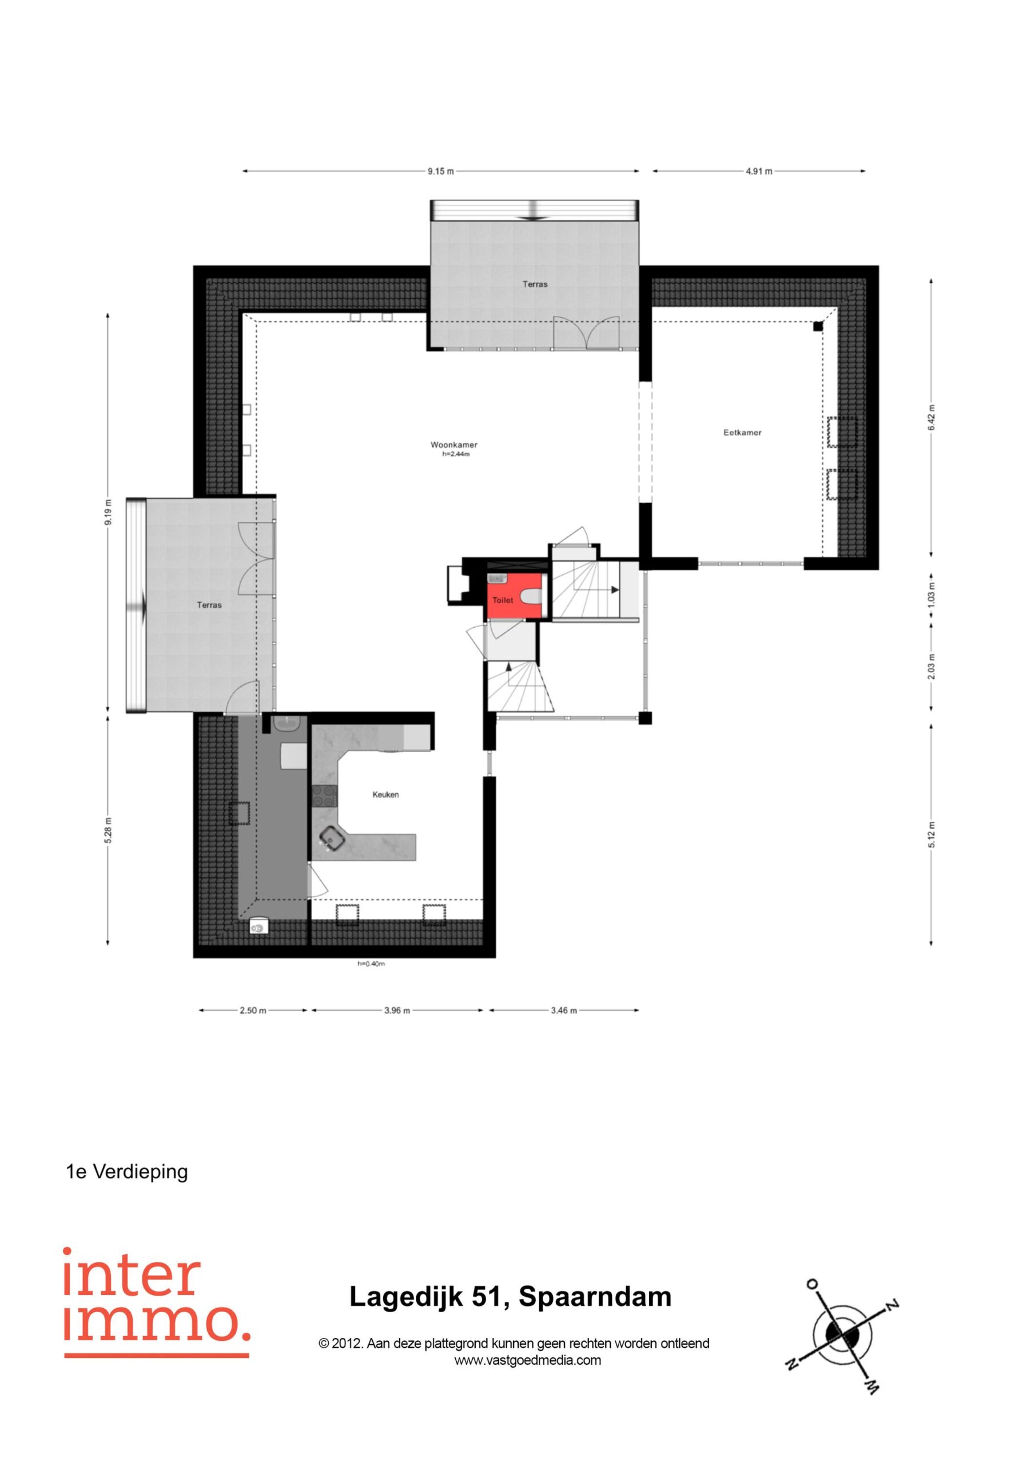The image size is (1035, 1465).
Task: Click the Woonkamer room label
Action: coord(453,445)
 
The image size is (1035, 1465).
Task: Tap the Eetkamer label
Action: coord(742,433)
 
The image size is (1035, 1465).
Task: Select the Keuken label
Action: coord(386,794)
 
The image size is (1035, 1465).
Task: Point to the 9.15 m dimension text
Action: coord(441,171)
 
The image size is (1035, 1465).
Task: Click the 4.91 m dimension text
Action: coord(759,171)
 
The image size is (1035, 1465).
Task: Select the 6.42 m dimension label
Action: coord(931,418)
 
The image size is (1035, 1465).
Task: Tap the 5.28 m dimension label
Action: coord(109,830)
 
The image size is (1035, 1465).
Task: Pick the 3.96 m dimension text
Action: coord(397,1011)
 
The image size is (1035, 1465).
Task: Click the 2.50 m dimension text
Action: coord(253,1011)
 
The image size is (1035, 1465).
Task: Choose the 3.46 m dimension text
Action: coord(564,1011)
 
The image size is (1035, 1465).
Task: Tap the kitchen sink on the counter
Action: coord(332,838)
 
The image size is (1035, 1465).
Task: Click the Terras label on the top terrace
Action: coord(535,284)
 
